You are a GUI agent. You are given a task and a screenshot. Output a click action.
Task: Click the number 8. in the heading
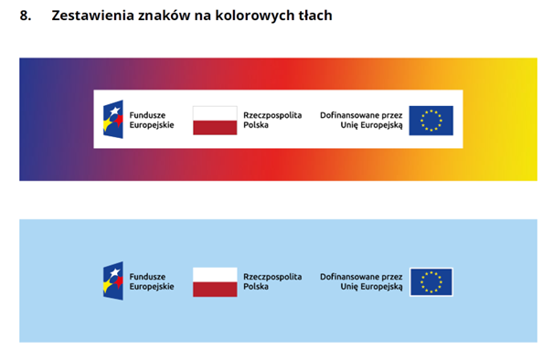coord(26,16)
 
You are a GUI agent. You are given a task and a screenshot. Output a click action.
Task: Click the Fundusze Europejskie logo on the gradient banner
coord(113,119)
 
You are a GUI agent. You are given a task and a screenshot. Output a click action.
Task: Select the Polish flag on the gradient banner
coord(215,121)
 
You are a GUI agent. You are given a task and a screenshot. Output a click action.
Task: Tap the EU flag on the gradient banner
coord(431,121)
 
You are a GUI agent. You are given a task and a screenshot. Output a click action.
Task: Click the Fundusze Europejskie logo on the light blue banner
coord(113,281)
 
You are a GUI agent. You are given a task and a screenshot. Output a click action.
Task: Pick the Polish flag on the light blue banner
coord(215,282)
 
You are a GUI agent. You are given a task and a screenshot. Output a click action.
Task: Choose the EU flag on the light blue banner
coord(431,282)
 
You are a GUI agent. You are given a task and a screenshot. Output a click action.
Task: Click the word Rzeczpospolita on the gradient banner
coord(272,116)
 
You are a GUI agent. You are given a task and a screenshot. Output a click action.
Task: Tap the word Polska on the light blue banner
coord(256,286)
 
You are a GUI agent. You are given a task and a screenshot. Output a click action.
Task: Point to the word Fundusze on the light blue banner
coord(147,277)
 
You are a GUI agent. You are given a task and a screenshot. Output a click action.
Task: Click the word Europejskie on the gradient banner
coord(152,125)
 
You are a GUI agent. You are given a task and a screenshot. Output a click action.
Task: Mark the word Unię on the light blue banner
coord(349,287)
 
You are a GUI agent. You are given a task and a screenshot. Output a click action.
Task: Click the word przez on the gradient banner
coord(392,116)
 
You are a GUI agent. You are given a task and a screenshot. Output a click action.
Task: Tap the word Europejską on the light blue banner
coord(381,287)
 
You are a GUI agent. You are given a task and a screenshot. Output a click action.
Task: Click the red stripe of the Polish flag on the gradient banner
coord(215,128)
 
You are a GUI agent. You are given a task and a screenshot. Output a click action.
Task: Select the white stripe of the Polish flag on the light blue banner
coord(215,275)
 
